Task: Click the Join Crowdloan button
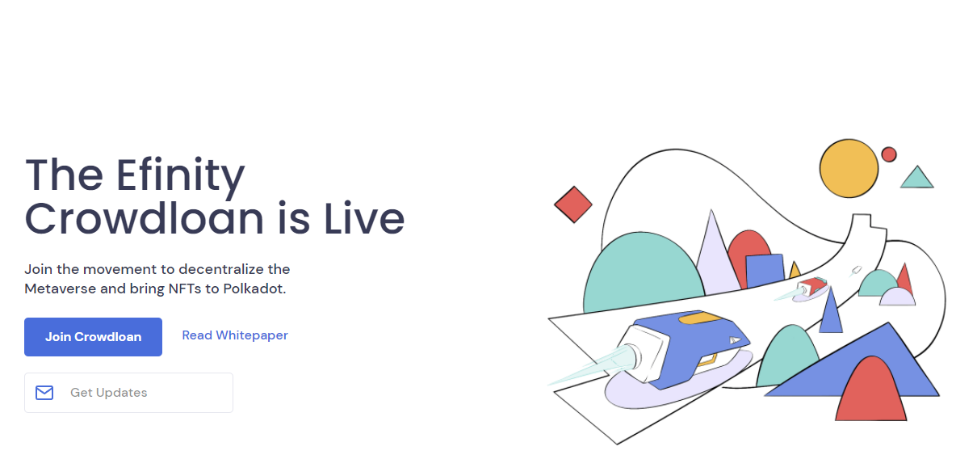(x=93, y=337)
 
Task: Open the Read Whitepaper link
(x=235, y=335)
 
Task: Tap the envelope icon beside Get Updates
(x=44, y=393)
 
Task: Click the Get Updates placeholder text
(x=109, y=393)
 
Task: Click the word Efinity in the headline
(x=180, y=175)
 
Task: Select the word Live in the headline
(x=364, y=218)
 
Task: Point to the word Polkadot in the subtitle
(x=254, y=289)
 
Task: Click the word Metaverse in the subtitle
(x=61, y=289)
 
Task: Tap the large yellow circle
(x=849, y=169)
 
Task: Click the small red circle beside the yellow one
(x=889, y=154)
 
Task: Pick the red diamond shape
(x=573, y=204)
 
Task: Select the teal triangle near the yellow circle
(x=916, y=178)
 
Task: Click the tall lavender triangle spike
(x=716, y=258)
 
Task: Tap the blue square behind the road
(x=765, y=270)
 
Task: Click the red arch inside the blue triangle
(x=871, y=391)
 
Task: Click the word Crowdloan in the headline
(x=145, y=218)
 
